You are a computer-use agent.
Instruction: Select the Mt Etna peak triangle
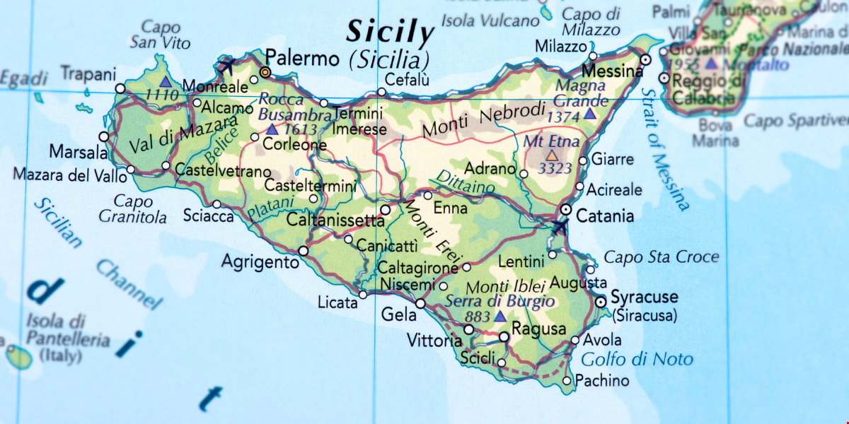pyautogui.click(x=551, y=155)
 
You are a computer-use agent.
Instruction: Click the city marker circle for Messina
pyautogui.click(x=645, y=60)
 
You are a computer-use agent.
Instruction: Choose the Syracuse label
pyautogui.click(x=644, y=297)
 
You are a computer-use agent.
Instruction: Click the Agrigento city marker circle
pyautogui.click(x=304, y=251)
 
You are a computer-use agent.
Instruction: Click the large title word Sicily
pyautogui.click(x=389, y=32)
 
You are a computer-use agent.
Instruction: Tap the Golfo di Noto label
pyautogui.click(x=637, y=359)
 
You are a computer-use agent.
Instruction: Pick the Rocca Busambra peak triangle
pyautogui.click(x=272, y=129)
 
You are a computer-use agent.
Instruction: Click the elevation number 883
pyautogui.click(x=478, y=317)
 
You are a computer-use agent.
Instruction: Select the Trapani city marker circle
pyautogui.click(x=120, y=89)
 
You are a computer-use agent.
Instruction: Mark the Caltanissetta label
pyautogui.click(x=335, y=220)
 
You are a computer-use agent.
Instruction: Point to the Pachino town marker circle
pyautogui.click(x=566, y=381)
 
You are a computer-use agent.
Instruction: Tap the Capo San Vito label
pyautogui.click(x=160, y=35)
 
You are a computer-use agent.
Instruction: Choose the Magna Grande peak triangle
pyautogui.click(x=589, y=113)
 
